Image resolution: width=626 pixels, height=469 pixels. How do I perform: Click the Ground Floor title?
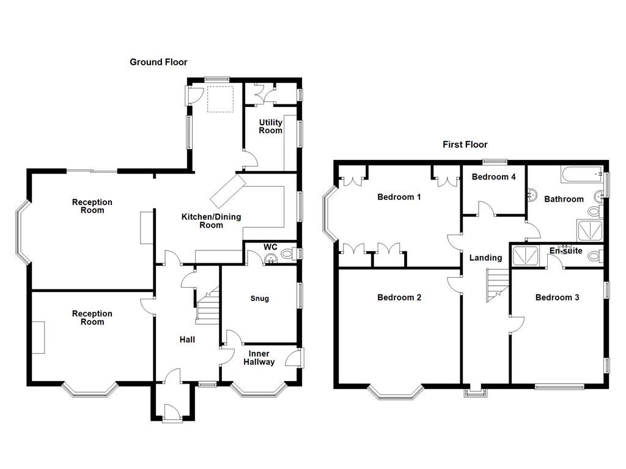click(158, 62)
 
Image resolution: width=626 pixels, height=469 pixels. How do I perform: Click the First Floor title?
click(465, 145)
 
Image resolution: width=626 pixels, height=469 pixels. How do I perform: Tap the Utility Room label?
click(270, 126)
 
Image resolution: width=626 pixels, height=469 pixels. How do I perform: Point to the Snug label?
click(259, 299)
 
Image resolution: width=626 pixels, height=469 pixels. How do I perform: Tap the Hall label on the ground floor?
click(187, 340)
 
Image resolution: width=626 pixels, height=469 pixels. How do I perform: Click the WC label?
click(270, 247)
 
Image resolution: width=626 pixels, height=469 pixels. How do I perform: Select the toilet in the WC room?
click(289, 254)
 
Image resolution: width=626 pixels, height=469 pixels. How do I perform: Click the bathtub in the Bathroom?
click(581, 175)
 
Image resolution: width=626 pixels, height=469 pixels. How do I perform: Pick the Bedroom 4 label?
click(494, 177)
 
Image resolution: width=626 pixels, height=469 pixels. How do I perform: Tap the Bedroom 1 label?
click(399, 197)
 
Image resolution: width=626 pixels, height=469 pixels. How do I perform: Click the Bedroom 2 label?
click(399, 297)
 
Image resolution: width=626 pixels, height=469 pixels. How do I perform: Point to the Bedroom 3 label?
click(557, 297)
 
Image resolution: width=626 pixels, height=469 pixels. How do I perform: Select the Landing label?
click(485, 258)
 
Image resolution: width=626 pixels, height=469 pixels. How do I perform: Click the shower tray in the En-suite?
click(526, 256)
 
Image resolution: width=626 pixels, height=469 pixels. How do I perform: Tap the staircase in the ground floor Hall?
click(207, 305)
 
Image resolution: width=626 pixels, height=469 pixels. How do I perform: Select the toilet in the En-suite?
click(594, 257)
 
